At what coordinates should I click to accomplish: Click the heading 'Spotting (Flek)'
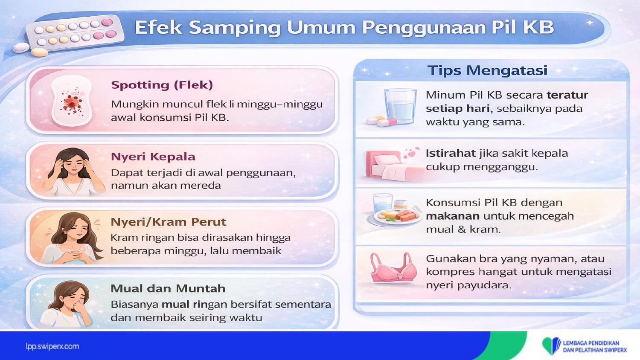[x=162, y=85]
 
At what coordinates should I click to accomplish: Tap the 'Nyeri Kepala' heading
[x=153, y=157]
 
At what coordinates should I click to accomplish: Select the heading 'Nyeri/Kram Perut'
[x=169, y=222]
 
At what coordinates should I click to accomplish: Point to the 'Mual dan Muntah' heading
[x=168, y=289]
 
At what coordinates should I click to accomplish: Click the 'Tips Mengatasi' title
[x=487, y=70]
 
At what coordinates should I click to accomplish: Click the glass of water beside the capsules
[x=400, y=106]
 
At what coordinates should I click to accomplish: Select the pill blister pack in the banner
[x=75, y=34]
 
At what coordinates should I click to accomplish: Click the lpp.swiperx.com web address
[x=52, y=347]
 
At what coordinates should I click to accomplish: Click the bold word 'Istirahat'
[x=451, y=154]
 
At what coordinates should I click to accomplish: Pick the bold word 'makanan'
[x=453, y=216]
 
